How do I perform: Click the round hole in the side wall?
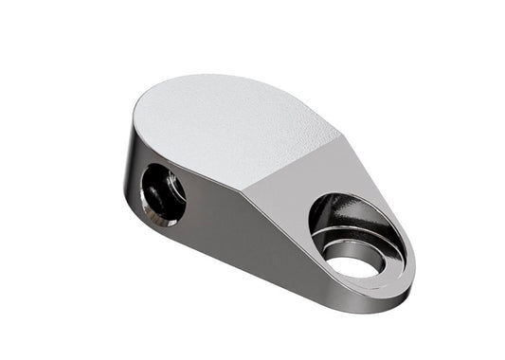163,194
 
